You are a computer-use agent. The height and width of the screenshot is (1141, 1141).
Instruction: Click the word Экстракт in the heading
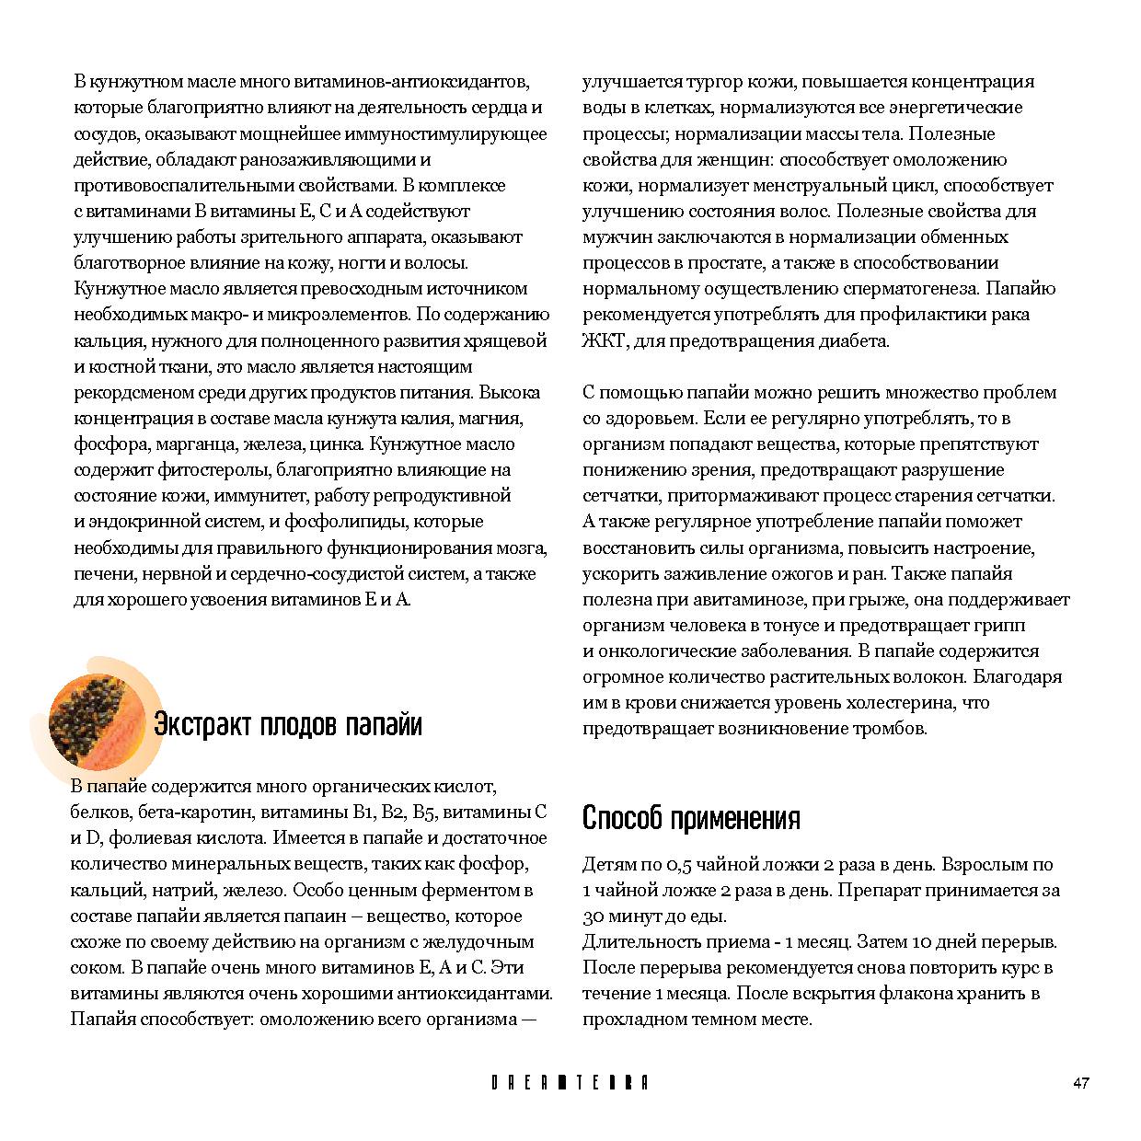[201, 725]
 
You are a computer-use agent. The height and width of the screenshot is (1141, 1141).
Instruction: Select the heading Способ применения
[691, 818]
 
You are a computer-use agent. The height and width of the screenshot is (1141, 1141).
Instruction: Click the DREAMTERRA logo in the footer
[570, 1083]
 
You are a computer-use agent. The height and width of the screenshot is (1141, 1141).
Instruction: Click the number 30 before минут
[594, 916]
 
